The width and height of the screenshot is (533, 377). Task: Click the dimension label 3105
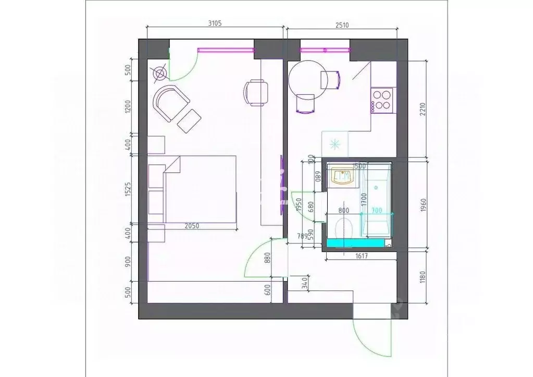tap(214, 22)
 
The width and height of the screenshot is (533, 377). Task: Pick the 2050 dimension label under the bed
tap(193, 226)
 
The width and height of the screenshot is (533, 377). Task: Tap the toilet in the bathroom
tap(344, 227)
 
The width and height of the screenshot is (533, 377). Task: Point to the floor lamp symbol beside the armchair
tap(159, 74)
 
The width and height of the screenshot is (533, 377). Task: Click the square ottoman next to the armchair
tap(189, 121)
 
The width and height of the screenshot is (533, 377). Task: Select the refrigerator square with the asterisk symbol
tap(334, 142)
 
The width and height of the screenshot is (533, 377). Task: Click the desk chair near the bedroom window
tap(256, 92)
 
